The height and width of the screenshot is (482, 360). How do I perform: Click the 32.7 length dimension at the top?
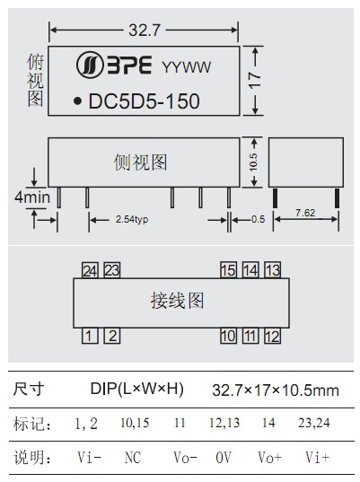[x=145, y=31]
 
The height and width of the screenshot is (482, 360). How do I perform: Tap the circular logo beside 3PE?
[x=90, y=65]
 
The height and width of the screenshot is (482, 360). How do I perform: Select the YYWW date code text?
[x=187, y=67]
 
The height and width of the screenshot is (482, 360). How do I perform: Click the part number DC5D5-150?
[x=144, y=101]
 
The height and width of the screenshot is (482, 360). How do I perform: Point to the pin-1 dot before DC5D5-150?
[x=78, y=101]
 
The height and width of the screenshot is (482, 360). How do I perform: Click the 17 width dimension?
[x=255, y=81]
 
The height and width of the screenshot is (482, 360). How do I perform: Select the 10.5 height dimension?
[x=253, y=162]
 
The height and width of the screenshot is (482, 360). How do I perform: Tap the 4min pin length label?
[x=32, y=197]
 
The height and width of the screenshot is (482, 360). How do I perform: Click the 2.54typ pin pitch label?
[x=132, y=220]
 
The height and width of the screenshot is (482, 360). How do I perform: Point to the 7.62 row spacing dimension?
[x=305, y=213]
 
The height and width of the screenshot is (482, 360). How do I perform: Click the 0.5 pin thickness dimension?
[x=258, y=219]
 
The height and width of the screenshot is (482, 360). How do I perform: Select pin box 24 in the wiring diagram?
[x=90, y=270]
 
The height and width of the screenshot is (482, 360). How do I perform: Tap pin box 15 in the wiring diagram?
[x=228, y=270]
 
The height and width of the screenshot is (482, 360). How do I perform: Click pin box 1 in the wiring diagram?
[x=90, y=336]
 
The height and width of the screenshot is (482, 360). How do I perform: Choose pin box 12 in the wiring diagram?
[x=273, y=336]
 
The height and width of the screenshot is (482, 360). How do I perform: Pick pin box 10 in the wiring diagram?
[x=228, y=336]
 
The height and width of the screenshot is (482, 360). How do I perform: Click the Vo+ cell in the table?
[x=269, y=458]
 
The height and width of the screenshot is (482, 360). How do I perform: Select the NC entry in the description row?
[x=133, y=458]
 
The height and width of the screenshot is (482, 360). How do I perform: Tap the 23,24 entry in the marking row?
[x=313, y=423]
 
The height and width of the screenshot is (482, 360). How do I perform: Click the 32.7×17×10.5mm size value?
[x=276, y=390]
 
